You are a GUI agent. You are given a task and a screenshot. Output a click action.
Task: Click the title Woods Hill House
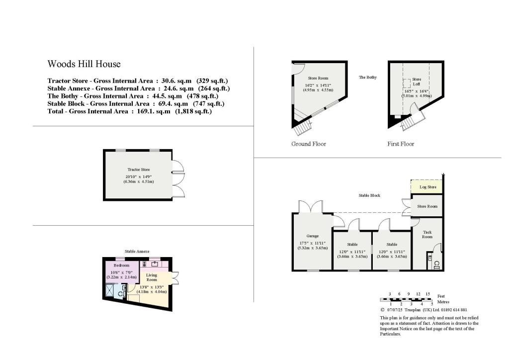coord(84,64)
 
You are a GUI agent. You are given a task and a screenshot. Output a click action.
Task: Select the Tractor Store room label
coord(139,170)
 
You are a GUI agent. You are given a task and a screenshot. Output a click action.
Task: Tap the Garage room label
coord(312,236)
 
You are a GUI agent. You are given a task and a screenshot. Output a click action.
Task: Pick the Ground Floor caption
coord(309,144)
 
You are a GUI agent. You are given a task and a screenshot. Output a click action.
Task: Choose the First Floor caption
coord(401,144)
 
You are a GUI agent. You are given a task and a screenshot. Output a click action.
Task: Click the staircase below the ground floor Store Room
coord(301,129)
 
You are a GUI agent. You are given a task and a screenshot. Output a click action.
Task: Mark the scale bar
coord(406,299)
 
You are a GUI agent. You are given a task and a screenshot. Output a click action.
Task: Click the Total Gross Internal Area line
coord(130,112)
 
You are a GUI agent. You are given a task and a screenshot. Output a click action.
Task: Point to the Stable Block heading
coord(369,195)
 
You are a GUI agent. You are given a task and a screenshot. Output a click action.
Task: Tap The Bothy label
coord(368,77)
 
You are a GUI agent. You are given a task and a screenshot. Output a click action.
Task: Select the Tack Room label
coord(427,234)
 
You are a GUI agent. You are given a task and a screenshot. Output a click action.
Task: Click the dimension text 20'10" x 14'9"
coord(139,176)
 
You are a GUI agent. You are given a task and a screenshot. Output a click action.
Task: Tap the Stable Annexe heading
coord(137,252)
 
